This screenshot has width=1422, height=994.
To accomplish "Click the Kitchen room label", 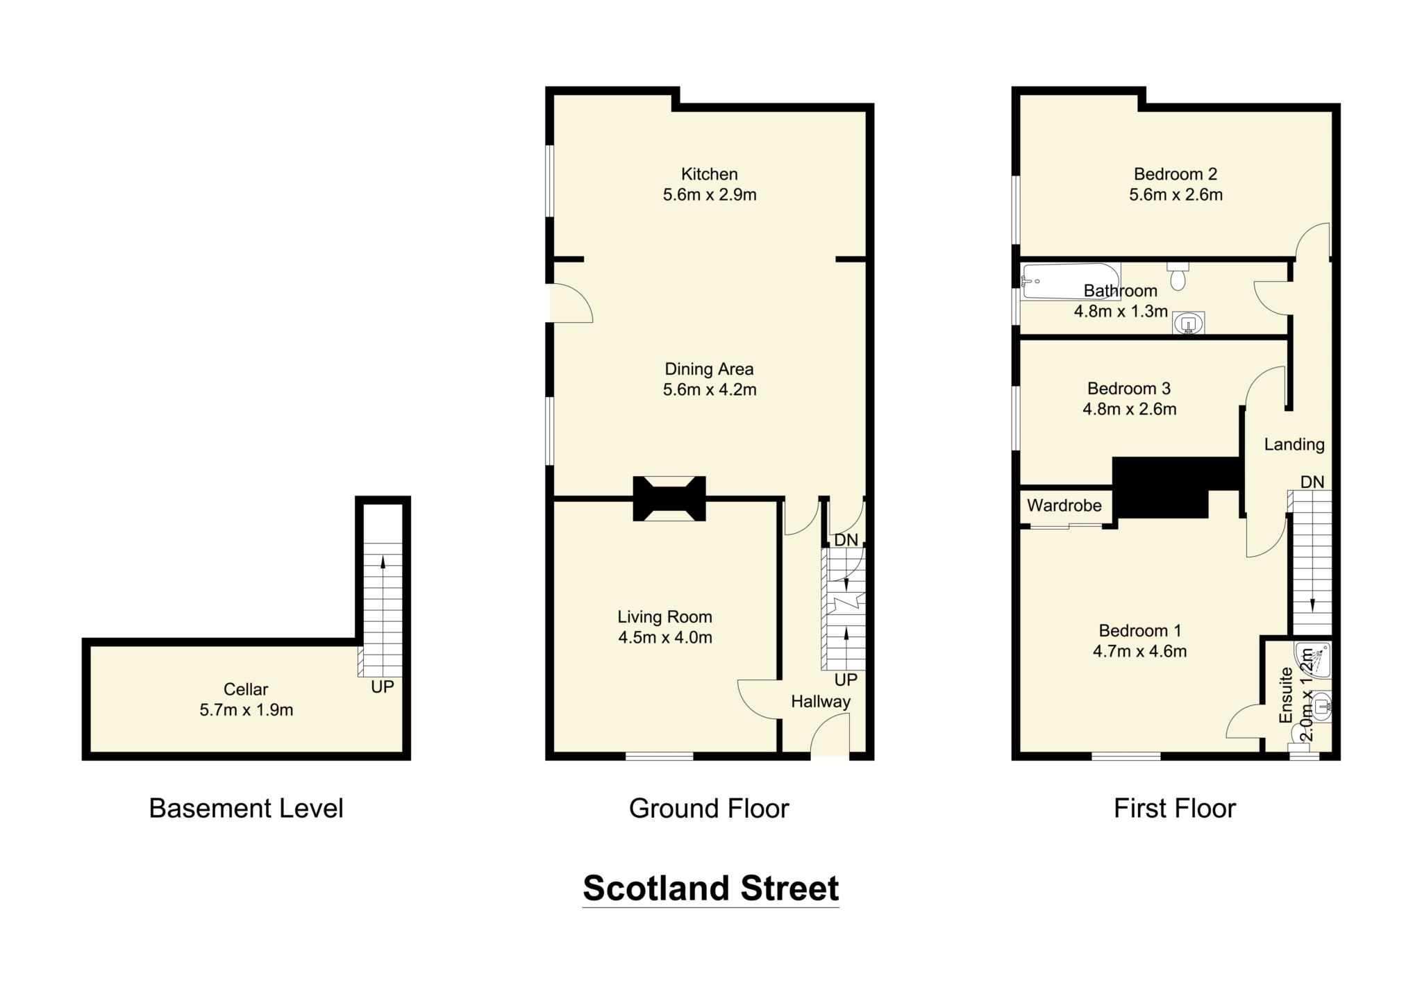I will [x=709, y=174].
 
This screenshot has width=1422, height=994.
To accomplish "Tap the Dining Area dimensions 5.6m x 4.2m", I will [x=709, y=389].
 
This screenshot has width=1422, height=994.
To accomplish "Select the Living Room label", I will [x=664, y=616].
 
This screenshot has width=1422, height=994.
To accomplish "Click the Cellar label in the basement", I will [x=246, y=689].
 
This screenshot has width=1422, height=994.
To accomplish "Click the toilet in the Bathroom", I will [x=1178, y=277].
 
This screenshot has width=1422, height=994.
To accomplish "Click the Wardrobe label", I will [x=1064, y=505].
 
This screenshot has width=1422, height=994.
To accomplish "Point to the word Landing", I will [x=1294, y=444].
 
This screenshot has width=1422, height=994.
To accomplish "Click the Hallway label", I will [x=820, y=701].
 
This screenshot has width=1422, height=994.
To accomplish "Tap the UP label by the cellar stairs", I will [x=382, y=686].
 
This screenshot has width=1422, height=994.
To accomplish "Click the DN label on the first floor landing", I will [x=1312, y=482].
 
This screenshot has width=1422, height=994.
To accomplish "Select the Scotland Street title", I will [x=710, y=888].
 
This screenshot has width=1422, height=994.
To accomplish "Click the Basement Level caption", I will [x=246, y=809].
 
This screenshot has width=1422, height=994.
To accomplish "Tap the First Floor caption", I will [x=1175, y=809].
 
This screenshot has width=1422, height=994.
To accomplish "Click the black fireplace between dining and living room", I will [x=669, y=498].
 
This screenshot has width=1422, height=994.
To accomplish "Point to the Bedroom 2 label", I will [x=1175, y=174].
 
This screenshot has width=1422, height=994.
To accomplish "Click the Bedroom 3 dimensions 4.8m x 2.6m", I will [x=1129, y=409].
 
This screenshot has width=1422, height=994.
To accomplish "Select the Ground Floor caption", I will [x=709, y=809].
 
